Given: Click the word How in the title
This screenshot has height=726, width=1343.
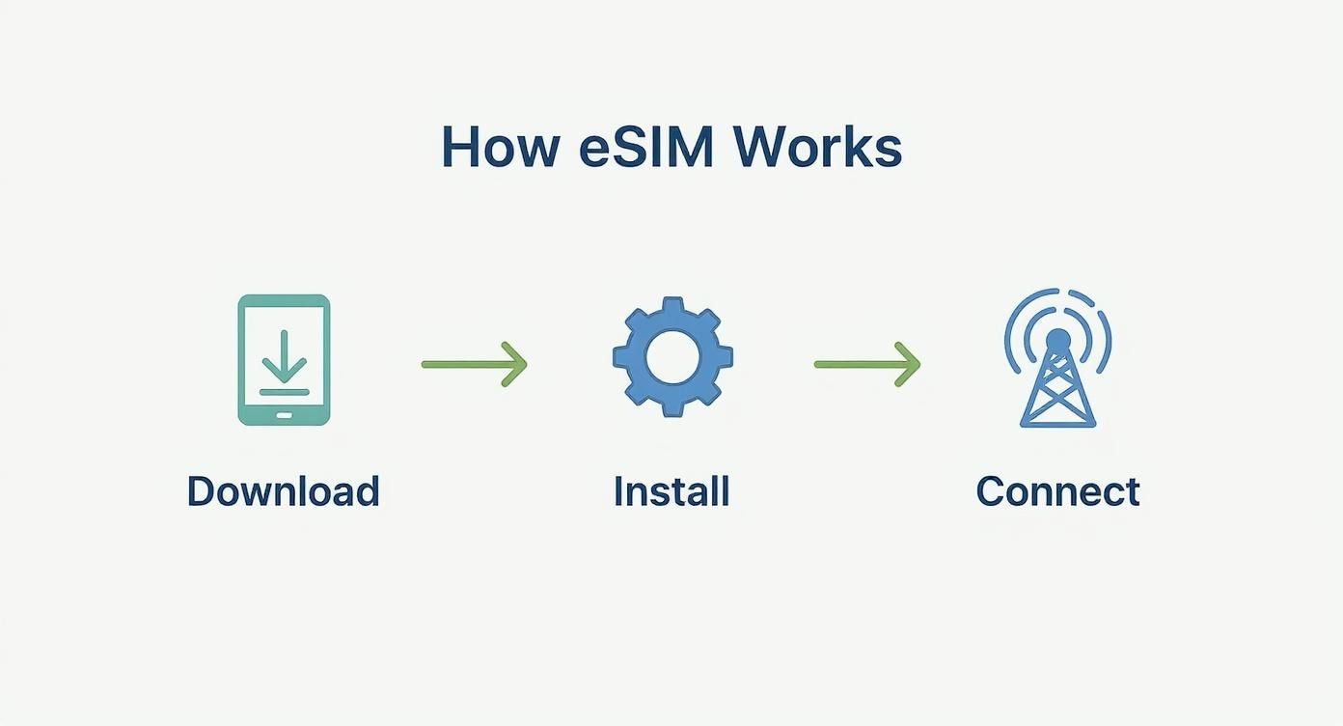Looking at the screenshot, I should (500, 148).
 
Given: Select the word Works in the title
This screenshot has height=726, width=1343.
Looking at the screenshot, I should (817, 148).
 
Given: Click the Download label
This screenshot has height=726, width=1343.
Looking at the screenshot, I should (283, 491).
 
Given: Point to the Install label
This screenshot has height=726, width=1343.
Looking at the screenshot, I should (671, 491).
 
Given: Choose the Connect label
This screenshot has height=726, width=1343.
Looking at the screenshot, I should (1057, 491).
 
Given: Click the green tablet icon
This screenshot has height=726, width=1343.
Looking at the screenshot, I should (284, 359).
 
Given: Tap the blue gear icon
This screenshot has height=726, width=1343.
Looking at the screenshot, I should (672, 356).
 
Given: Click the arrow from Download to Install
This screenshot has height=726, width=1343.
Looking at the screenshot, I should (474, 364).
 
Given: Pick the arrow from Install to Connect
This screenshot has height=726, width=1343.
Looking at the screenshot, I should (866, 364).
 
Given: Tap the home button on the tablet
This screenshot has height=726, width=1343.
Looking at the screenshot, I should (284, 414).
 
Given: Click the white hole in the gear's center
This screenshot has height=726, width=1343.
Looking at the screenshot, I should (672, 356).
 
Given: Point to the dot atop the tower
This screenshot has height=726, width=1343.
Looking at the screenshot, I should (1057, 340).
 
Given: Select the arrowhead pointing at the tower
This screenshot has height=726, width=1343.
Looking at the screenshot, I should (910, 364).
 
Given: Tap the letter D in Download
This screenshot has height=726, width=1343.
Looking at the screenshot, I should (200, 491).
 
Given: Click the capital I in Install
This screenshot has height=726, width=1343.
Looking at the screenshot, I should (619, 491).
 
